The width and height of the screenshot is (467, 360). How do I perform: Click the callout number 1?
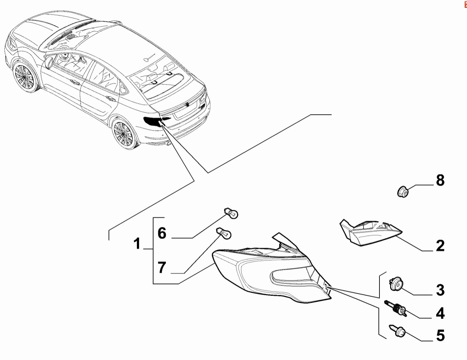tap(137, 244)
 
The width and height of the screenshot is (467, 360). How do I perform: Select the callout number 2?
tap(440, 245)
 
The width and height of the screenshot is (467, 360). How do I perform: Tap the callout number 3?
tap(440, 290)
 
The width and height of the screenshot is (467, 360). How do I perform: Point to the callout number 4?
tap(440, 313)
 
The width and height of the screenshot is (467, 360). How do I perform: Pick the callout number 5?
tap(440, 335)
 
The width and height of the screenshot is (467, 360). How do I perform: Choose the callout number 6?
tap(162, 233)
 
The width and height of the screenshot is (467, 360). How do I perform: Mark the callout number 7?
tap(162, 267)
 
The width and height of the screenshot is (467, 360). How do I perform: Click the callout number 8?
tap(440, 180)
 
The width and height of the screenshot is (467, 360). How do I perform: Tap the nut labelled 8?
tap(403, 192)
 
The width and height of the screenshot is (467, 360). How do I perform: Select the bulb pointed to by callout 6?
tap(231, 213)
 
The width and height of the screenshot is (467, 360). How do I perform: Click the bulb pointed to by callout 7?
tap(224, 233)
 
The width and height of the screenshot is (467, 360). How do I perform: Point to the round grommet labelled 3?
tap(396, 285)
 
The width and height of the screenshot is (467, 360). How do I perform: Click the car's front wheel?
tap(24, 77)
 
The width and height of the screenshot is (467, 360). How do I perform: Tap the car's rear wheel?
tap(124, 133)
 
